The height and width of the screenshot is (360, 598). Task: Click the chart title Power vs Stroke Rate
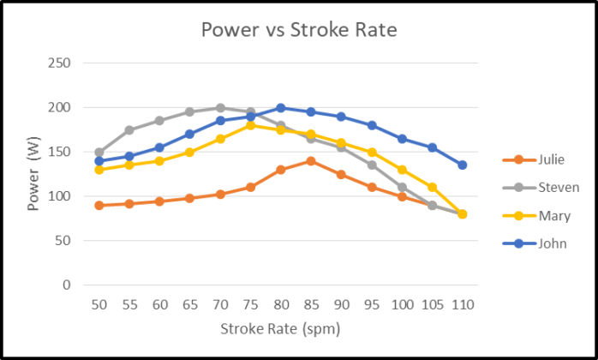(299, 29)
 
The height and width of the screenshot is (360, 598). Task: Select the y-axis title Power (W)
(33, 174)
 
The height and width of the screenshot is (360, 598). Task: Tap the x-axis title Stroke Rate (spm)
(280, 328)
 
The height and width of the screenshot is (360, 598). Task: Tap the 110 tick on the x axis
(463, 304)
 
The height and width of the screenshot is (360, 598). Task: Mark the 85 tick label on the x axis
(311, 304)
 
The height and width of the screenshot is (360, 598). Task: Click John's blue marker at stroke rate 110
(463, 165)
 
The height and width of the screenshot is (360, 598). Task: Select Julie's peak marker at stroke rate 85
(311, 161)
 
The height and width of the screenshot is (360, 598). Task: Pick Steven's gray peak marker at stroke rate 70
(220, 108)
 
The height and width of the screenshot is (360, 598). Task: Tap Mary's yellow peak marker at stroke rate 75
(251, 125)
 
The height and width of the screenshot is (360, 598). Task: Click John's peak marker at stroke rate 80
(281, 108)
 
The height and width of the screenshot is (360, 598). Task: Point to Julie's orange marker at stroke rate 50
(99, 205)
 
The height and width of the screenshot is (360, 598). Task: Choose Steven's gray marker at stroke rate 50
(99, 152)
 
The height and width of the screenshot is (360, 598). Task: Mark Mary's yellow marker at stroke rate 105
(433, 187)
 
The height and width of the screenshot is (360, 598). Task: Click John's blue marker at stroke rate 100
(402, 139)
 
